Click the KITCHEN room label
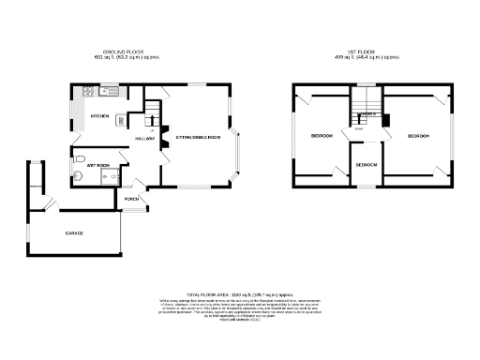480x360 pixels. click(97, 116)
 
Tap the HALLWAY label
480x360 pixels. click(144, 138)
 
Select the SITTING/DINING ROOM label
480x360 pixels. click(198, 138)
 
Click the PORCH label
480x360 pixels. click(131, 199)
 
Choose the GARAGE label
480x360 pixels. click(74, 232)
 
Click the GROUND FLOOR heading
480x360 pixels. click(123, 52)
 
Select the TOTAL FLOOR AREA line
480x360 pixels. click(239, 293)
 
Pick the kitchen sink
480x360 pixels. click(109, 92)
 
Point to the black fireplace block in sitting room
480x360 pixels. click(164, 131)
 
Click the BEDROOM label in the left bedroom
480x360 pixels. click(322, 137)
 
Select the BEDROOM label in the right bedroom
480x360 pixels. click(418, 137)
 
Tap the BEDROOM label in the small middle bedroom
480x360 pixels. click(366, 165)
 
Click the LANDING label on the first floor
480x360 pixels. click(367, 113)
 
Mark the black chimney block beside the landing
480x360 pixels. click(385, 119)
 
